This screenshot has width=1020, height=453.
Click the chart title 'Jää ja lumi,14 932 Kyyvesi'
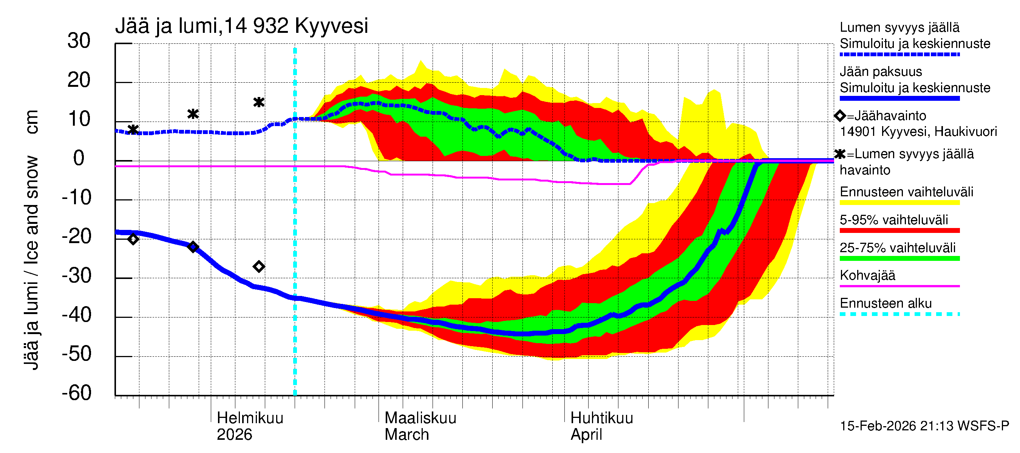241,26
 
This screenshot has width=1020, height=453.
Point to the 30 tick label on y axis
79,41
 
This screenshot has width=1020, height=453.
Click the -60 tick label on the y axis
76,393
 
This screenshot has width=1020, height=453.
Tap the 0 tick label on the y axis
79,158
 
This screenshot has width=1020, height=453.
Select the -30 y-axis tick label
76,276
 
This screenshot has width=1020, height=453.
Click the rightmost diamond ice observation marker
258,267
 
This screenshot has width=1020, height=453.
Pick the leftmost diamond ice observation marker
133,239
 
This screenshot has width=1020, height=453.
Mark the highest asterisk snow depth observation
258,102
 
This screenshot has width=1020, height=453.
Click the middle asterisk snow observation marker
193,114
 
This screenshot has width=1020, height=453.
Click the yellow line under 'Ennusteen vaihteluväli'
899,203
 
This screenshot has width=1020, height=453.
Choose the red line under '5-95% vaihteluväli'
899,230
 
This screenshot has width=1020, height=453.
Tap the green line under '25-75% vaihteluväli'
899,258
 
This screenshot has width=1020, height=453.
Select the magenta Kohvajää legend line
899,286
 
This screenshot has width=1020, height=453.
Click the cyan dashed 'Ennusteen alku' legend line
899,314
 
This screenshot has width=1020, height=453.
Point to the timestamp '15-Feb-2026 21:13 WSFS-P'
924,426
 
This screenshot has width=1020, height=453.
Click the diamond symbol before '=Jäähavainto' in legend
839,116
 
